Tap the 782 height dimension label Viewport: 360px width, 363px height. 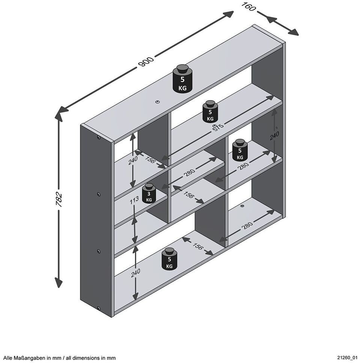click(59, 199)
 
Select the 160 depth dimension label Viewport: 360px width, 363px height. click(248, 6)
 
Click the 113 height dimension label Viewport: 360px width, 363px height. click(134, 200)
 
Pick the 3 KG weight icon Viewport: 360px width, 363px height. click(149, 193)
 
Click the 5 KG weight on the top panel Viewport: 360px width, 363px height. click(182, 79)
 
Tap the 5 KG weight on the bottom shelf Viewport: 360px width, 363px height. click(169, 259)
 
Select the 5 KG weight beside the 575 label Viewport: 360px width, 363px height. click(210, 111)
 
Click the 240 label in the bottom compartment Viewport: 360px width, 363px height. click(135, 273)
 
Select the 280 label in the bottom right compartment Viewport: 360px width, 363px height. click(247, 225)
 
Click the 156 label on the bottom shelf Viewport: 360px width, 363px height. click(198, 246)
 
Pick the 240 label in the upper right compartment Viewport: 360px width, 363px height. click(274, 136)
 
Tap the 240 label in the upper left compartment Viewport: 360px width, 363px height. click(133, 160)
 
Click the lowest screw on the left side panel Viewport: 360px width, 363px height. click(99, 308)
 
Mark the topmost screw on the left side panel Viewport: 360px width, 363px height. click(99, 138)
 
